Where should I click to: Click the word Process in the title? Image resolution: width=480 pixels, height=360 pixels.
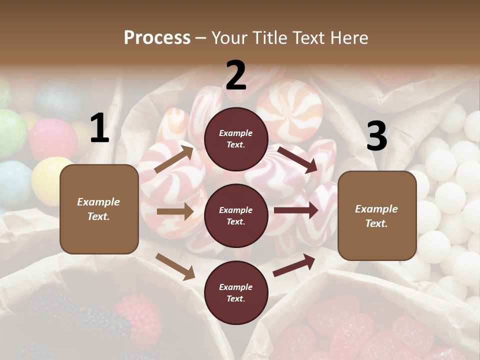pos(157,37)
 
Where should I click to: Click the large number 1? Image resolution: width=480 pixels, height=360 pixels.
pos(99,129)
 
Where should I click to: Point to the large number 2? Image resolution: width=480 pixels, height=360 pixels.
pos(236,76)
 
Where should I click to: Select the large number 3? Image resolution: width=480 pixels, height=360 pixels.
pos(376,136)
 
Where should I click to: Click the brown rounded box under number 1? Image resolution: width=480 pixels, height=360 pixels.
pos(99,209)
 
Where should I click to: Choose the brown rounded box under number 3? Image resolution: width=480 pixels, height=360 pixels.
pos(377,216)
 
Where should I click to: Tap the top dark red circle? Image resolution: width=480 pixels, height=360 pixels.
pos(236,139)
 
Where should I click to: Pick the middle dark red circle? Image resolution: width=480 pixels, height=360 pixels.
pos(236,216)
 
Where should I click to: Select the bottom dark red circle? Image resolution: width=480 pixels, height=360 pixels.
pos(236,292)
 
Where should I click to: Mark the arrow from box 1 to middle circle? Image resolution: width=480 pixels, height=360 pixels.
pos(175,211)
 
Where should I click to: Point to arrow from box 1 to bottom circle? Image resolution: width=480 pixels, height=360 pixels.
pos(175,266)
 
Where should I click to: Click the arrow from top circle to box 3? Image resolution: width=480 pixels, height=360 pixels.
pos(297,159)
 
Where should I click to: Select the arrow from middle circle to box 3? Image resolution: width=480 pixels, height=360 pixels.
pos(296,211)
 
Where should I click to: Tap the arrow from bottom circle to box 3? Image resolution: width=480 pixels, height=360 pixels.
pos(294,265)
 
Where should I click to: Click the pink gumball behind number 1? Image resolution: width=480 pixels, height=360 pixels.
pos(52,139)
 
